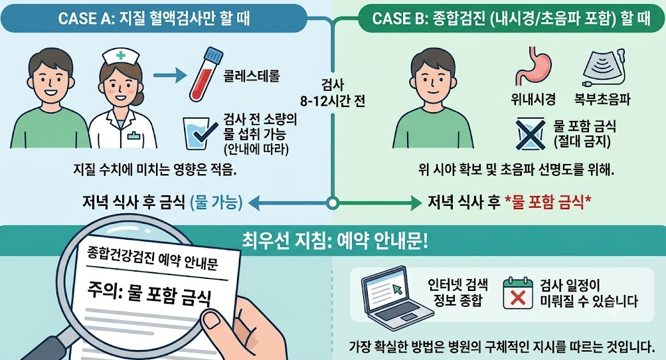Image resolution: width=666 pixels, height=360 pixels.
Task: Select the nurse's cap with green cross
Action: pos(121,55)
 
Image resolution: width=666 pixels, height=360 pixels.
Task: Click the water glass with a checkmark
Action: pos(197,133)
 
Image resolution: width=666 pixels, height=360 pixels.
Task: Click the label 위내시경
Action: pos(533,100)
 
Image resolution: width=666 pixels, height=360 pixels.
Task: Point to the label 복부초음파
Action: pos(602,100)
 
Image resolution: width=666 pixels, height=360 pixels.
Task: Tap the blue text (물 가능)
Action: pos(216,203)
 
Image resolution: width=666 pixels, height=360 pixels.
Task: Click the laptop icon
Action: pos(396,294)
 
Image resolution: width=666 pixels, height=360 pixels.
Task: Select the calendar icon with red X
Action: pos(518,293)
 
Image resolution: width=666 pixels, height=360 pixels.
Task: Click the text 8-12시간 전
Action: pos(333,102)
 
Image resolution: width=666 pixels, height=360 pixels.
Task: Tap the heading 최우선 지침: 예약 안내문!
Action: pos(335,242)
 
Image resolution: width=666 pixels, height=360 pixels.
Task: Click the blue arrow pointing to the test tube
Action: pos(170,76)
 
